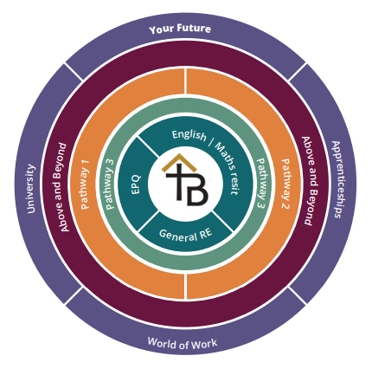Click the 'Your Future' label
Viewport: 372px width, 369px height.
pyautogui.click(x=180, y=29)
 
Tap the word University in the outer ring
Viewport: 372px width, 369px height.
pyautogui.click(x=31, y=189)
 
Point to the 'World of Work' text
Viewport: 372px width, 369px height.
pyautogui.click(x=183, y=343)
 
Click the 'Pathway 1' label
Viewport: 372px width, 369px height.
pyautogui.click(x=85, y=184)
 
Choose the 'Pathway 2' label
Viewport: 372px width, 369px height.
pyautogui.click(x=285, y=184)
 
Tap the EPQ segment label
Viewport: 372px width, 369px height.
pyautogui.click(x=136, y=184)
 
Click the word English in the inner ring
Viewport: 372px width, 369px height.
pyautogui.click(x=189, y=135)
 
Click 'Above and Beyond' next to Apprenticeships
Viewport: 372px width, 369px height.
pyautogui.click(x=309, y=180)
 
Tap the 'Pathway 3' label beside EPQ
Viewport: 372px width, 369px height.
pyautogui.click(x=111, y=184)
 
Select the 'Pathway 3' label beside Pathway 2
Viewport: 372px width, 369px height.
pyautogui.click(x=262, y=183)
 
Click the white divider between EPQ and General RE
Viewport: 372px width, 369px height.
pyautogui.click(x=149, y=222)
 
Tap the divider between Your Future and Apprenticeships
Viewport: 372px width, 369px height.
pyautogui.click(x=297, y=72)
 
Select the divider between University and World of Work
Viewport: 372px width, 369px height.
pyautogui.click(x=74, y=295)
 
